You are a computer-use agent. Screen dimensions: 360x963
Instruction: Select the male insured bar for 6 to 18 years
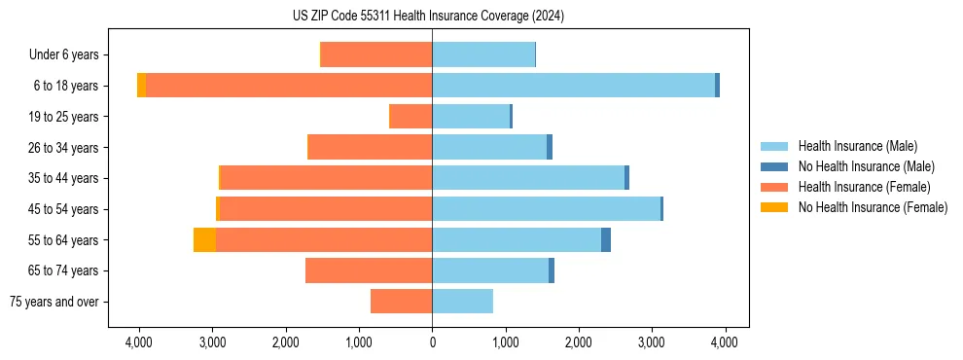pyautogui.click(x=573, y=86)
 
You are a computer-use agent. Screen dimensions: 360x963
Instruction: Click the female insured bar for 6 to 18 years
pyautogui.click(x=289, y=86)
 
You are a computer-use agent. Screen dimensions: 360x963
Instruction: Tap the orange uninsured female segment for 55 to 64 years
pyautogui.click(x=204, y=239)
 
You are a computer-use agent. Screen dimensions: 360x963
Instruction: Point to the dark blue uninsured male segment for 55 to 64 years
pyautogui.click(x=606, y=239)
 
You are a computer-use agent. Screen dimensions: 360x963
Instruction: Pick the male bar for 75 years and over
pyautogui.click(x=462, y=302)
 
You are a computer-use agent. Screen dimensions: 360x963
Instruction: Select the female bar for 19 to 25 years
pyautogui.click(x=410, y=117)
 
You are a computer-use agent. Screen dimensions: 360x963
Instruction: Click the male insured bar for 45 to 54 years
pyautogui.click(x=546, y=208)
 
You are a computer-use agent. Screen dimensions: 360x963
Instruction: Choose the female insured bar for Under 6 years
pyautogui.click(x=376, y=54)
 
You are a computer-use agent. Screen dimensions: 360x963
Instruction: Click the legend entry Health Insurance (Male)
pyautogui.click(x=857, y=146)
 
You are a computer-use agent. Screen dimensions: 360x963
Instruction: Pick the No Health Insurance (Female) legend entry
pyautogui.click(x=873, y=207)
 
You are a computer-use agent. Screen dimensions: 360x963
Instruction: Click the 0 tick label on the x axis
pyautogui.click(x=432, y=342)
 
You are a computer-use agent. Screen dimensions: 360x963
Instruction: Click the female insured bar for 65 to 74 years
pyautogui.click(x=369, y=270)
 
